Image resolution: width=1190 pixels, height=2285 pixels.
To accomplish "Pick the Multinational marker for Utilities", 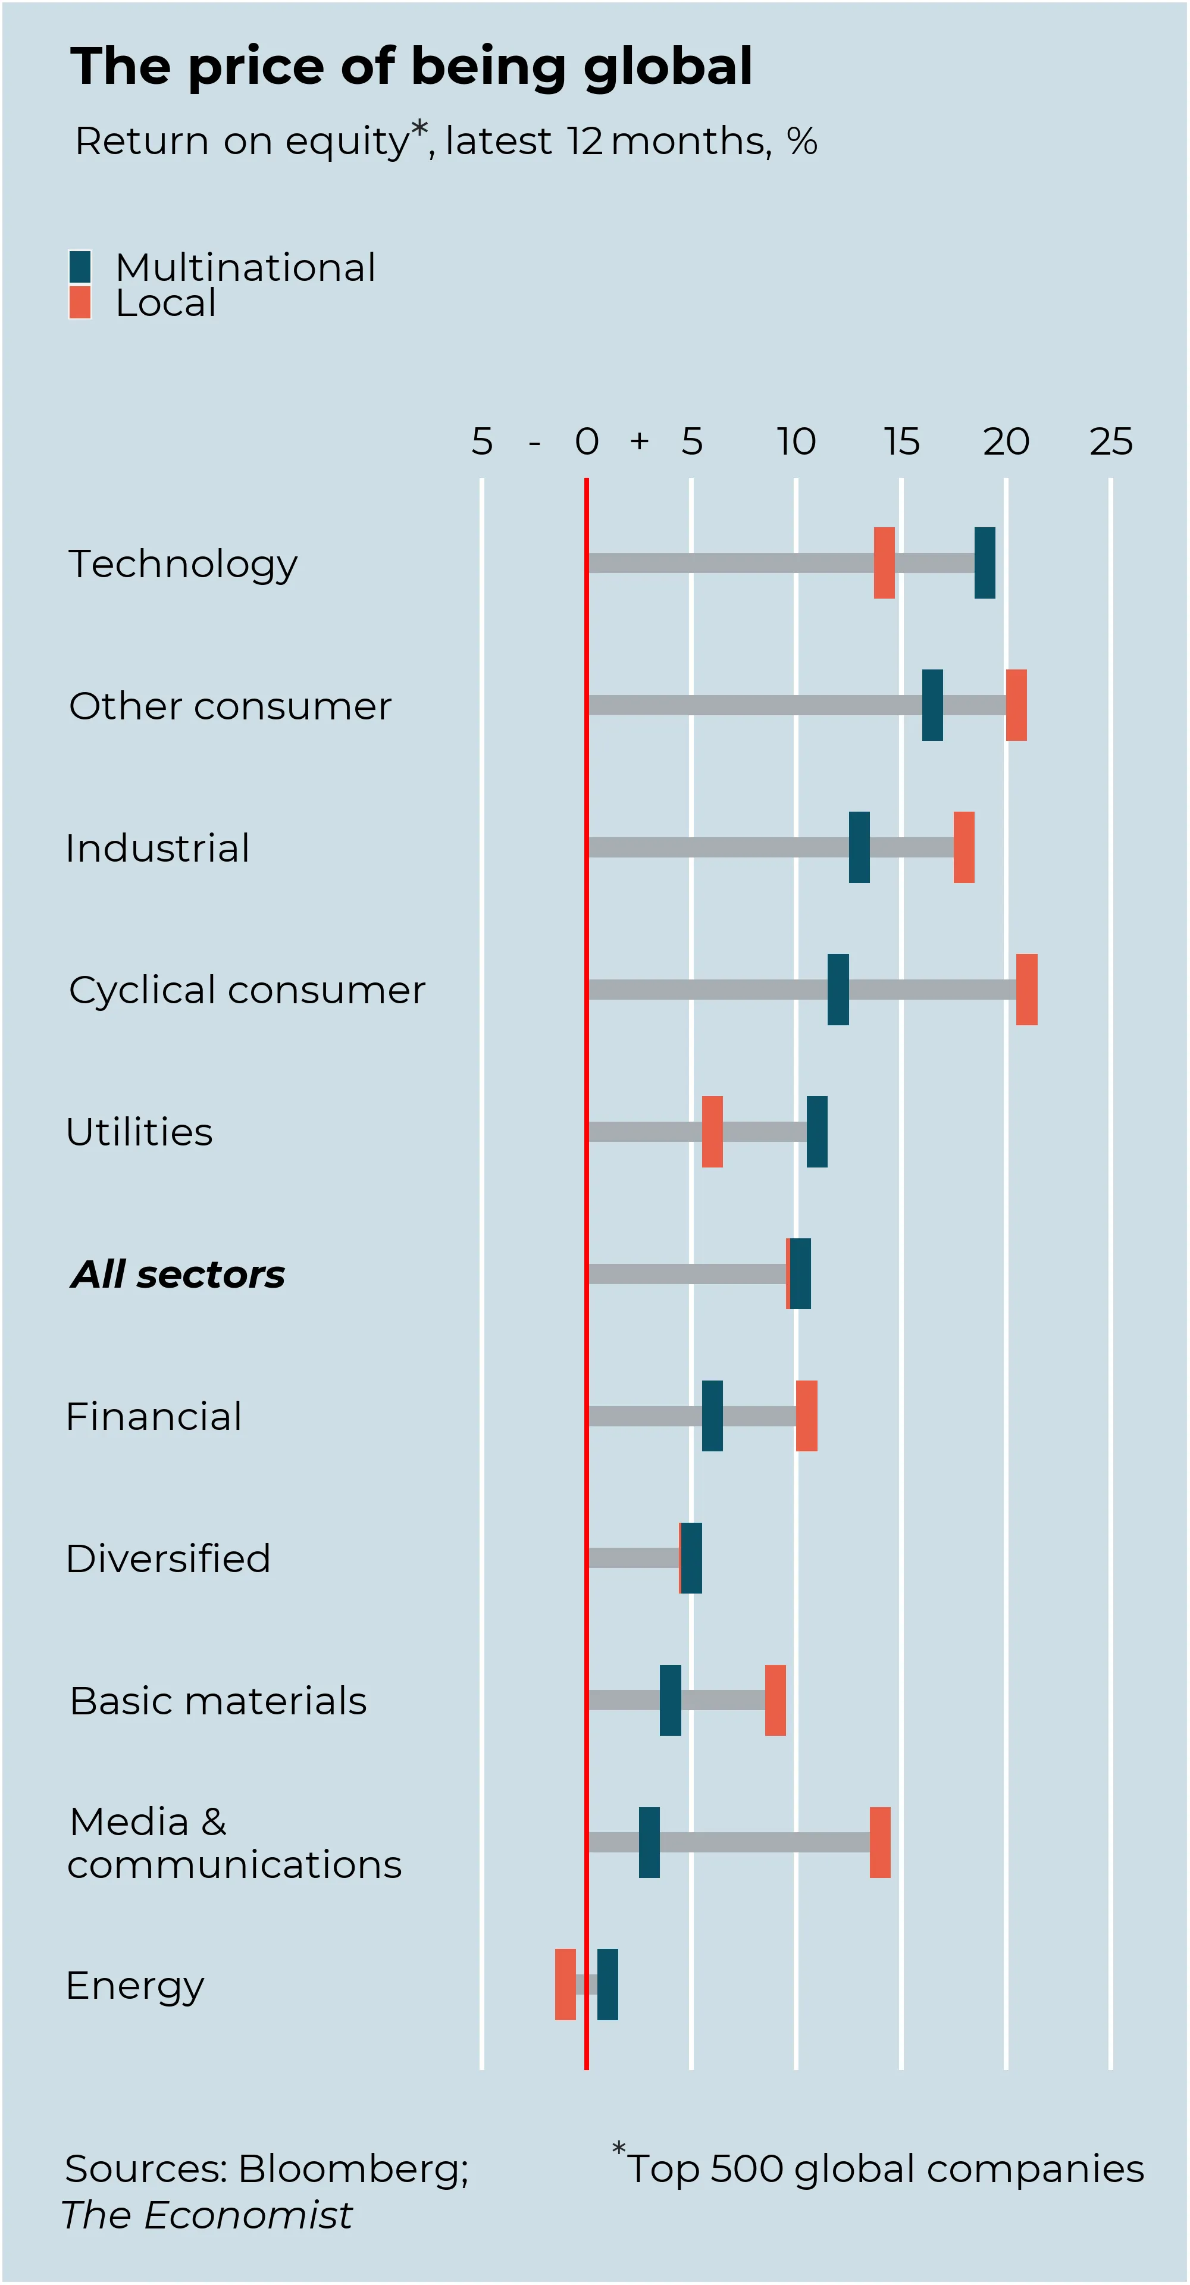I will click(817, 1131).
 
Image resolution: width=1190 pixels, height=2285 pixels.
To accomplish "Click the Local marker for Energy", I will click(565, 1984).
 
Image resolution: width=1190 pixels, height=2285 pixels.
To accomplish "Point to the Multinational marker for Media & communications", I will click(649, 1842).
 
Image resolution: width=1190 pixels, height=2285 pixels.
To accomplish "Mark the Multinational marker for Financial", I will click(712, 1416).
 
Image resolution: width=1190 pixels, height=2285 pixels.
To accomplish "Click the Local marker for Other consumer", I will click(1016, 705).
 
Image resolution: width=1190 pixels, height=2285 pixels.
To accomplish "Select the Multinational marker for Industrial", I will click(859, 847).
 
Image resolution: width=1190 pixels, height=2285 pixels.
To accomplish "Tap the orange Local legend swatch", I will click(80, 302).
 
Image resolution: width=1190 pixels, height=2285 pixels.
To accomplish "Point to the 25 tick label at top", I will click(1111, 441).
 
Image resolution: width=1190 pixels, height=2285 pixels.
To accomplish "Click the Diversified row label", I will click(168, 1558).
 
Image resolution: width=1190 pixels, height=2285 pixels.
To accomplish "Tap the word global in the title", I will click(669, 67).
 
